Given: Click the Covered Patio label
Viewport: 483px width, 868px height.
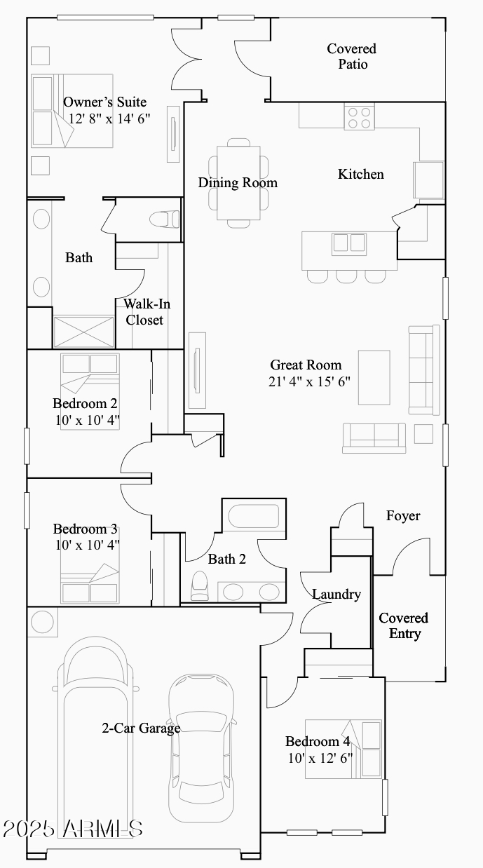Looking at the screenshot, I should point(352,56).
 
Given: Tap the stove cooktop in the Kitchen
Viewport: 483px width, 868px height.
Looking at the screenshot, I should point(359,116).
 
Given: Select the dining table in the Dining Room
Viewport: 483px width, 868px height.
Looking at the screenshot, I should point(238,183).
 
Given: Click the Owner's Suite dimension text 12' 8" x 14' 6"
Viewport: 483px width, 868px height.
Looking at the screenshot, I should point(109,118).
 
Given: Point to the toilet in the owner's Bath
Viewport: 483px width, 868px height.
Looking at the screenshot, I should point(165,219).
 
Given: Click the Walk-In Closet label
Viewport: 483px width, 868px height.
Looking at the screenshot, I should point(145,312).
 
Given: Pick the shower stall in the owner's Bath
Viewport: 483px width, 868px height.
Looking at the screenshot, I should point(84,332).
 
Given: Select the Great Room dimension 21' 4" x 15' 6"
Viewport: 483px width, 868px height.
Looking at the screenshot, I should point(309,381).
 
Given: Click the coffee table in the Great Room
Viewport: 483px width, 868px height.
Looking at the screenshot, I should point(374,377).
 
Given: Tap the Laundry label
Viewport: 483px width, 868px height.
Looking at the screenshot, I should point(336,595).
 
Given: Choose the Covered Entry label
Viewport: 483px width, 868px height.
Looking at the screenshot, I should point(404,625).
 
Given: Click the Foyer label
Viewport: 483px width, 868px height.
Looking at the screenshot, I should point(403,516).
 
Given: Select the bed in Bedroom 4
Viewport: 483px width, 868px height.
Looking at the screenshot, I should point(343,749).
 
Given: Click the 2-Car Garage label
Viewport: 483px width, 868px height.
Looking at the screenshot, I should point(141,728).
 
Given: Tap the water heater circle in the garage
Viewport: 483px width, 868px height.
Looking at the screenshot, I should point(43,623).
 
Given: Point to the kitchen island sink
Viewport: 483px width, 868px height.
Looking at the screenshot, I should point(348,243).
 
